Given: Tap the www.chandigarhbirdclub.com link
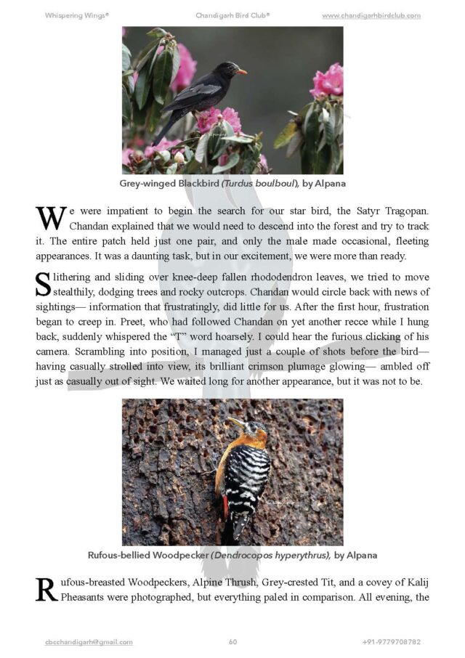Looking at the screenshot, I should (x=371, y=15).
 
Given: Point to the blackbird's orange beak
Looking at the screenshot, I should (x=241, y=71).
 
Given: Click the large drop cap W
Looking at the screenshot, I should (x=50, y=218).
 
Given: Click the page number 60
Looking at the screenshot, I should (x=232, y=642).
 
